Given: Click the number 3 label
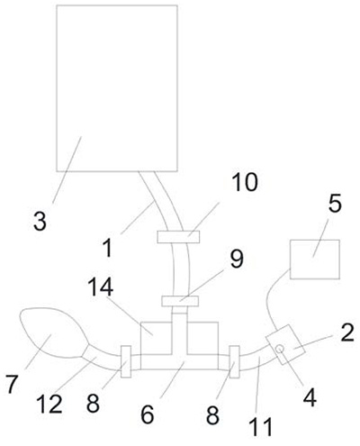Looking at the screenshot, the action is click(x=40, y=222).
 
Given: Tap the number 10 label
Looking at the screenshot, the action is click(x=245, y=182).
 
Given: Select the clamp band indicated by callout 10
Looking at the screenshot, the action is click(x=178, y=237).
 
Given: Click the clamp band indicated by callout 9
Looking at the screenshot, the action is click(x=180, y=301).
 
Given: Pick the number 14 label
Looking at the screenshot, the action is click(x=101, y=287).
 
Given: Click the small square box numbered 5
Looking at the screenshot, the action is click(x=315, y=259).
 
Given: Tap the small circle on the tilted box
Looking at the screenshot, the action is click(x=280, y=349).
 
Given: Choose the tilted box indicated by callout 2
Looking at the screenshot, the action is click(x=285, y=345).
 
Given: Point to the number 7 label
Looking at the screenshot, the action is click(x=13, y=384).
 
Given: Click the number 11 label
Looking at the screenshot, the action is click(x=260, y=426).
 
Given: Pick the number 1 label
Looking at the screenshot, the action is click(x=109, y=247).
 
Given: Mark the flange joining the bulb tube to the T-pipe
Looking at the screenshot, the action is click(x=126, y=361).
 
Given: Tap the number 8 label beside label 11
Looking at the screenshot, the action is click(x=212, y=414).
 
